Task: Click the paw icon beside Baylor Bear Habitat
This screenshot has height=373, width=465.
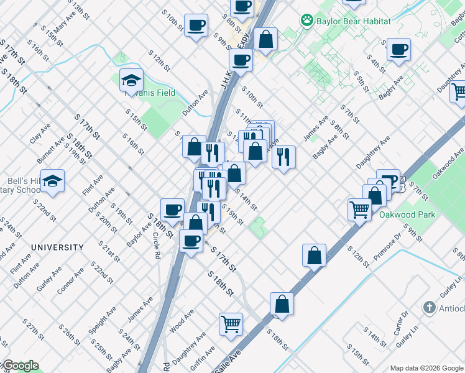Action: pyautogui.click(x=306, y=21)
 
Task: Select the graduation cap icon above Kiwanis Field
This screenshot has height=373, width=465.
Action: pyautogui.click(x=131, y=80)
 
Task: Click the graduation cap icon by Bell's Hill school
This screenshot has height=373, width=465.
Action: pyautogui.click(x=53, y=181)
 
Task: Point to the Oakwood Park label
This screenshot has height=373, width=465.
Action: pyautogui.click(x=407, y=214)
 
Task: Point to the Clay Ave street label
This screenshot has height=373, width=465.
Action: pyautogui.click(x=40, y=133)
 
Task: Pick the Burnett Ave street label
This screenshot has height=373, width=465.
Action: pyautogui.click(x=50, y=151)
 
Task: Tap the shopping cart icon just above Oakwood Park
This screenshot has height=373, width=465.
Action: pyautogui.click(x=359, y=210)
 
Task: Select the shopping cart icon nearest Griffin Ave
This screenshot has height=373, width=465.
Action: pyautogui.click(x=230, y=324)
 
